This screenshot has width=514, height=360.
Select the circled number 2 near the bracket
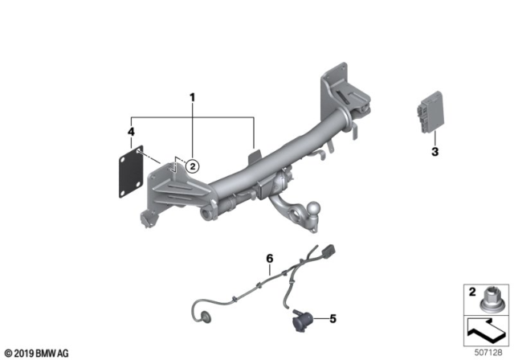192,166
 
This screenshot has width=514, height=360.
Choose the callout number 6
270,258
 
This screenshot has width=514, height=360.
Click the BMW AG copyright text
37,352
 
